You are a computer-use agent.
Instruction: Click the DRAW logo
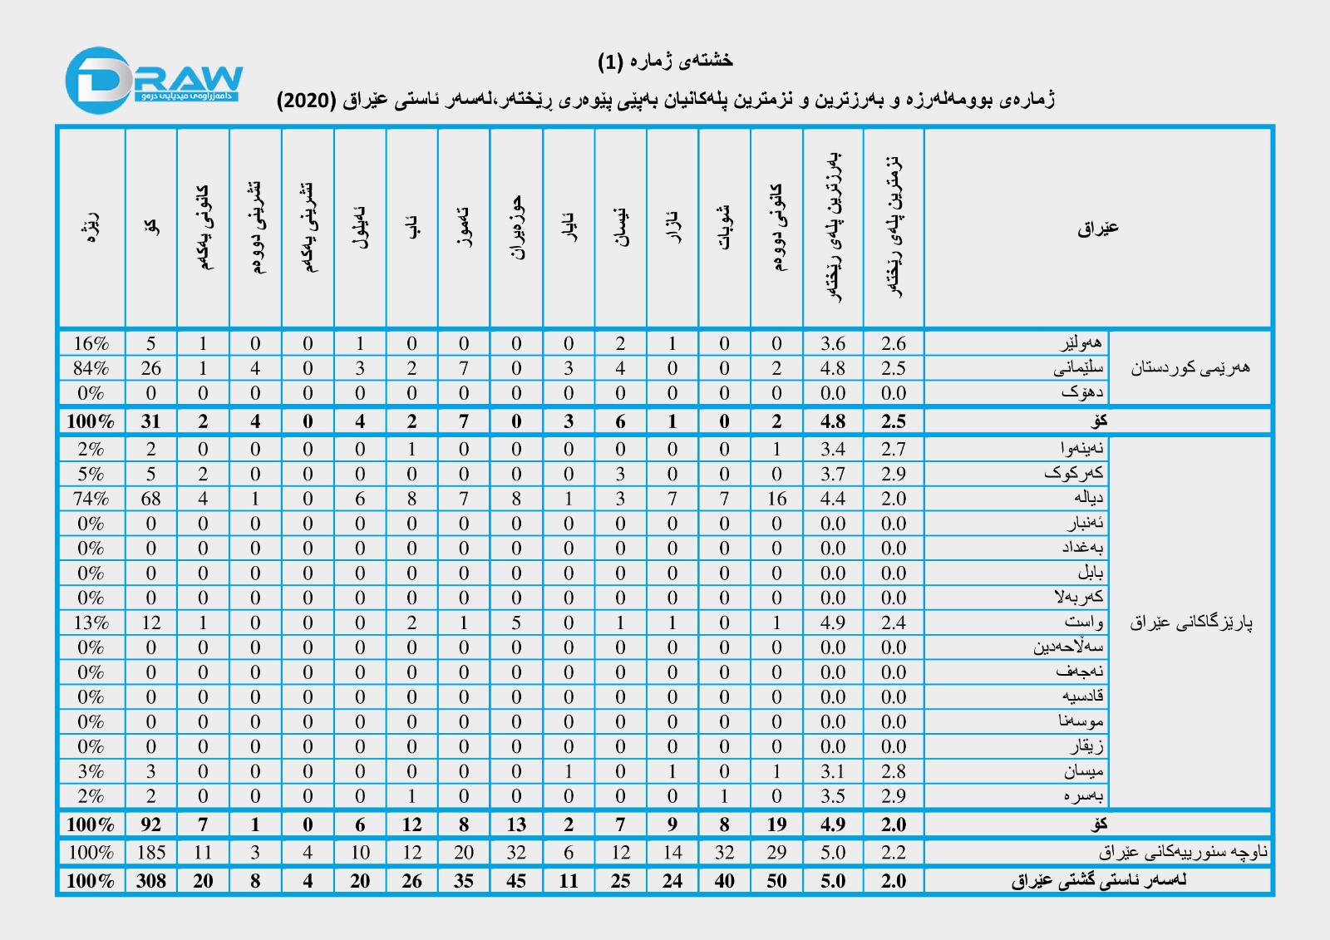(154, 81)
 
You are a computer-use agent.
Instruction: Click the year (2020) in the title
(306, 101)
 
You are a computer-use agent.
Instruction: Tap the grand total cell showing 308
(150, 881)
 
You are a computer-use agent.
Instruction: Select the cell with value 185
(150, 853)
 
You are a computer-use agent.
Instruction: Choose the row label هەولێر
(1081, 343)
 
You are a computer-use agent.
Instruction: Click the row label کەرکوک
(1074, 474)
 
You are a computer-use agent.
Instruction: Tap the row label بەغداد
(1081, 548)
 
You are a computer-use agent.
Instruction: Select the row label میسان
(1084, 771)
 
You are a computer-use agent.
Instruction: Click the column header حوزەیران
(517, 228)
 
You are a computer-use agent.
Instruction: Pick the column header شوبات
(725, 228)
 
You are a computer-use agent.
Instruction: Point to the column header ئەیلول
(360, 228)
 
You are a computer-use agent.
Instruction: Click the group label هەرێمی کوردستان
(1190, 368)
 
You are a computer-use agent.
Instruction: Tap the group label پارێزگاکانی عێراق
(1190, 623)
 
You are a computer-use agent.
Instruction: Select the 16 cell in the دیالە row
(776, 499)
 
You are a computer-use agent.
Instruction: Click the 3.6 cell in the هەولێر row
(833, 344)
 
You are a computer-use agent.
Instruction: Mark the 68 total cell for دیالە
(150, 499)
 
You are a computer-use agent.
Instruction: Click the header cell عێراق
(1097, 228)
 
